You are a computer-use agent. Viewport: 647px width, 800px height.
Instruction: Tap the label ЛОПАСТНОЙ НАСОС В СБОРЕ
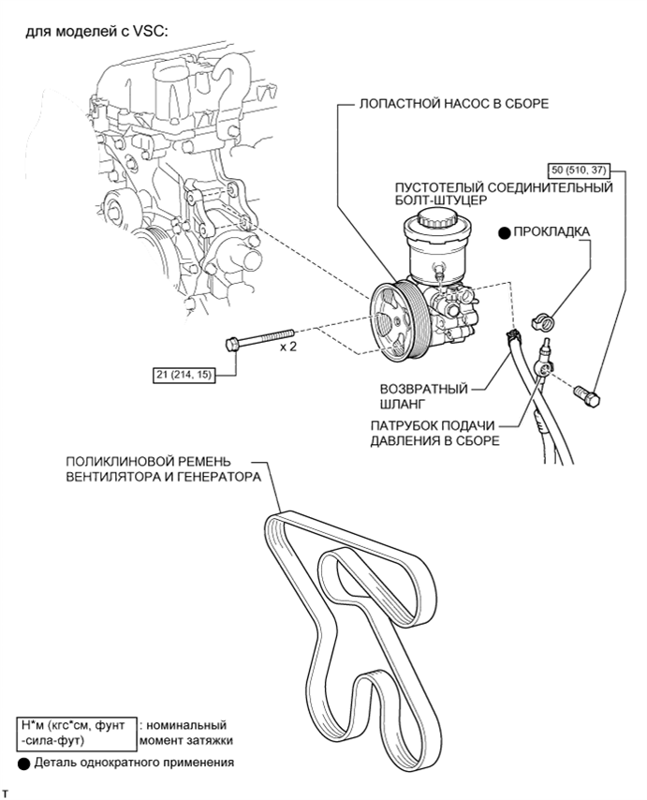454,104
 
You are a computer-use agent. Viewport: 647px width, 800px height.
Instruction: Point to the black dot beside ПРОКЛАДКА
505,233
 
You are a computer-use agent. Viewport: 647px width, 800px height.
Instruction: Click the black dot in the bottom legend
24,763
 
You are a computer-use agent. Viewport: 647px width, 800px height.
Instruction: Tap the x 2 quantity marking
287,348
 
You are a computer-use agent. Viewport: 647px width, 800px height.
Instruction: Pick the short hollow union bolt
587,395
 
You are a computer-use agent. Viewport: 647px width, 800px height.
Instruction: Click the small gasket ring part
543,322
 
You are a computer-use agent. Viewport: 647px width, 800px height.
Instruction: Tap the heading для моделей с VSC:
96,33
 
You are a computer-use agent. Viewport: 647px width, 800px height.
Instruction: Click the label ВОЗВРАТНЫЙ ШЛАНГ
423,396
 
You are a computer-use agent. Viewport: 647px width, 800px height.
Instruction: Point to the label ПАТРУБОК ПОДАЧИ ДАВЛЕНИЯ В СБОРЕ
434,433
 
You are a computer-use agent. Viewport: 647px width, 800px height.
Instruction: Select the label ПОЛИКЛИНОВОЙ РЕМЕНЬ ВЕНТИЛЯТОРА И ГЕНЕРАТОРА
163,469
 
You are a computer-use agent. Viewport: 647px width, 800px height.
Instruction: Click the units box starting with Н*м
77,733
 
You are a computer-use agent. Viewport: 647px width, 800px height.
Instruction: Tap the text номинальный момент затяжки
185,733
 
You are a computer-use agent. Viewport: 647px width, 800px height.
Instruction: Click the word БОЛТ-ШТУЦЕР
441,200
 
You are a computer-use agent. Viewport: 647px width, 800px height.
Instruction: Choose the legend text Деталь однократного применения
134,763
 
